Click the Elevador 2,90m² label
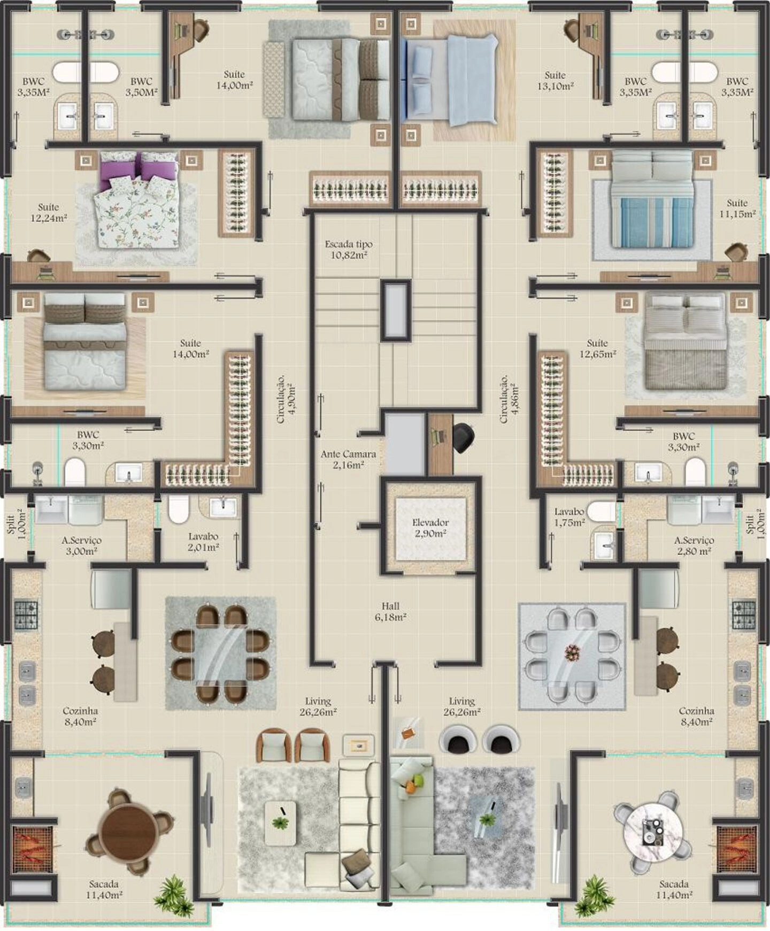pyautogui.click(x=430, y=528)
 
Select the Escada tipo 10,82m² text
pyautogui.click(x=349, y=249)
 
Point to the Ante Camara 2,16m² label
pyautogui.click(x=348, y=459)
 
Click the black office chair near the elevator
pyautogui.click(x=464, y=438)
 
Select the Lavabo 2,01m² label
pyautogui.click(x=203, y=541)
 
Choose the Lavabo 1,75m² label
pyautogui.click(x=569, y=517)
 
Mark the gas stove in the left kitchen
pyautogui.click(x=26, y=614)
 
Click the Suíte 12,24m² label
pyautogui.click(x=49, y=212)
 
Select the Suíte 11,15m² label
pyautogui.click(x=737, y=208)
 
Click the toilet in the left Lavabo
pyautogui.click(x=179, y=509)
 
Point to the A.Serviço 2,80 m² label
pyautogui.click(x=694, y=545)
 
